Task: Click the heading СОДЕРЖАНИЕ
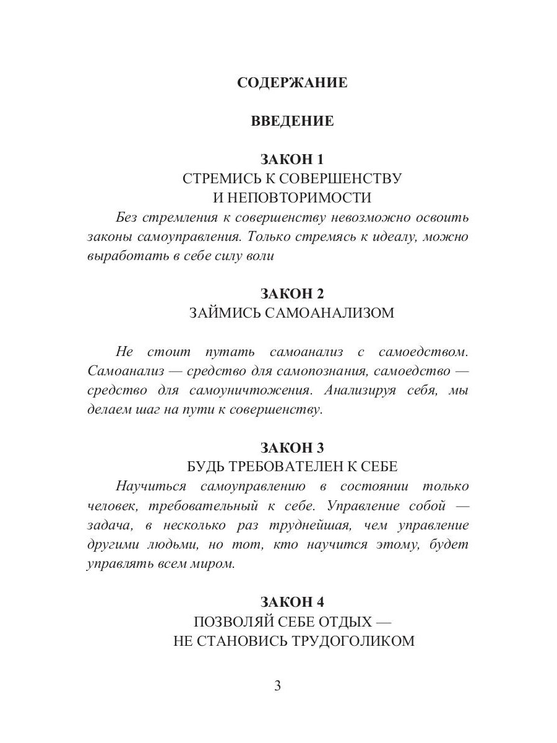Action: coord(292,82)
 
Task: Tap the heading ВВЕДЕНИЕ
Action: coord(292,121)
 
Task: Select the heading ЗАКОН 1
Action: coord(292,159)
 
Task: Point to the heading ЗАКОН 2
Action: coord(292,293)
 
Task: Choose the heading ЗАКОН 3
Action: coord(292,447)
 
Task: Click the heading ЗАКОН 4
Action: coord(292,601)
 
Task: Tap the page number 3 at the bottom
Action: coord(278,686)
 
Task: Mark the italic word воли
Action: coord(261,256)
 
